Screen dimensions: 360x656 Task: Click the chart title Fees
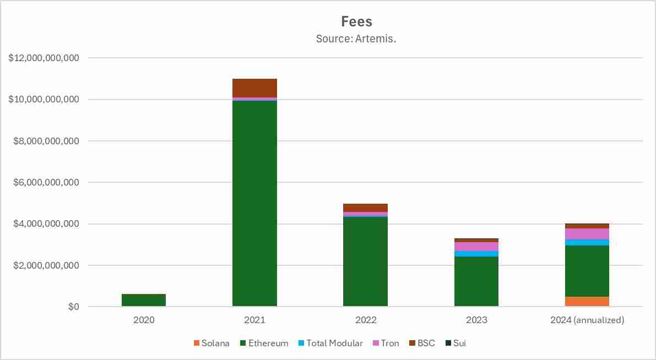pos(356,21)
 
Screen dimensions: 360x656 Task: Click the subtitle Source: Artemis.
pos(356,39)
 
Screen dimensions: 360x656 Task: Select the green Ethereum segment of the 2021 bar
pos(254,204)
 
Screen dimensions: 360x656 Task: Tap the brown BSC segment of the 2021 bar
pos(254,88)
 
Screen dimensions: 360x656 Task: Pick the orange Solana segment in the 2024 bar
pos(587,302)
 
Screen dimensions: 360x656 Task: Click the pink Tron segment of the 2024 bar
pos(587,234)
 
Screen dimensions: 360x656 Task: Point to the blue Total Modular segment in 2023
pos(476,254)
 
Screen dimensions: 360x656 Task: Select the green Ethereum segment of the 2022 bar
pos(365,261)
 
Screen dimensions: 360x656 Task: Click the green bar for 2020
pos(144,301)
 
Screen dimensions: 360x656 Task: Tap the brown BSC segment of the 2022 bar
pos(365,208)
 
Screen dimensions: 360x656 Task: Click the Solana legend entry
pos(212,343)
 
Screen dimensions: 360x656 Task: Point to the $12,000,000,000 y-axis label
pos(44,58)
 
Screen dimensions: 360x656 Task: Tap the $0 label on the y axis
pos(74,307)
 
